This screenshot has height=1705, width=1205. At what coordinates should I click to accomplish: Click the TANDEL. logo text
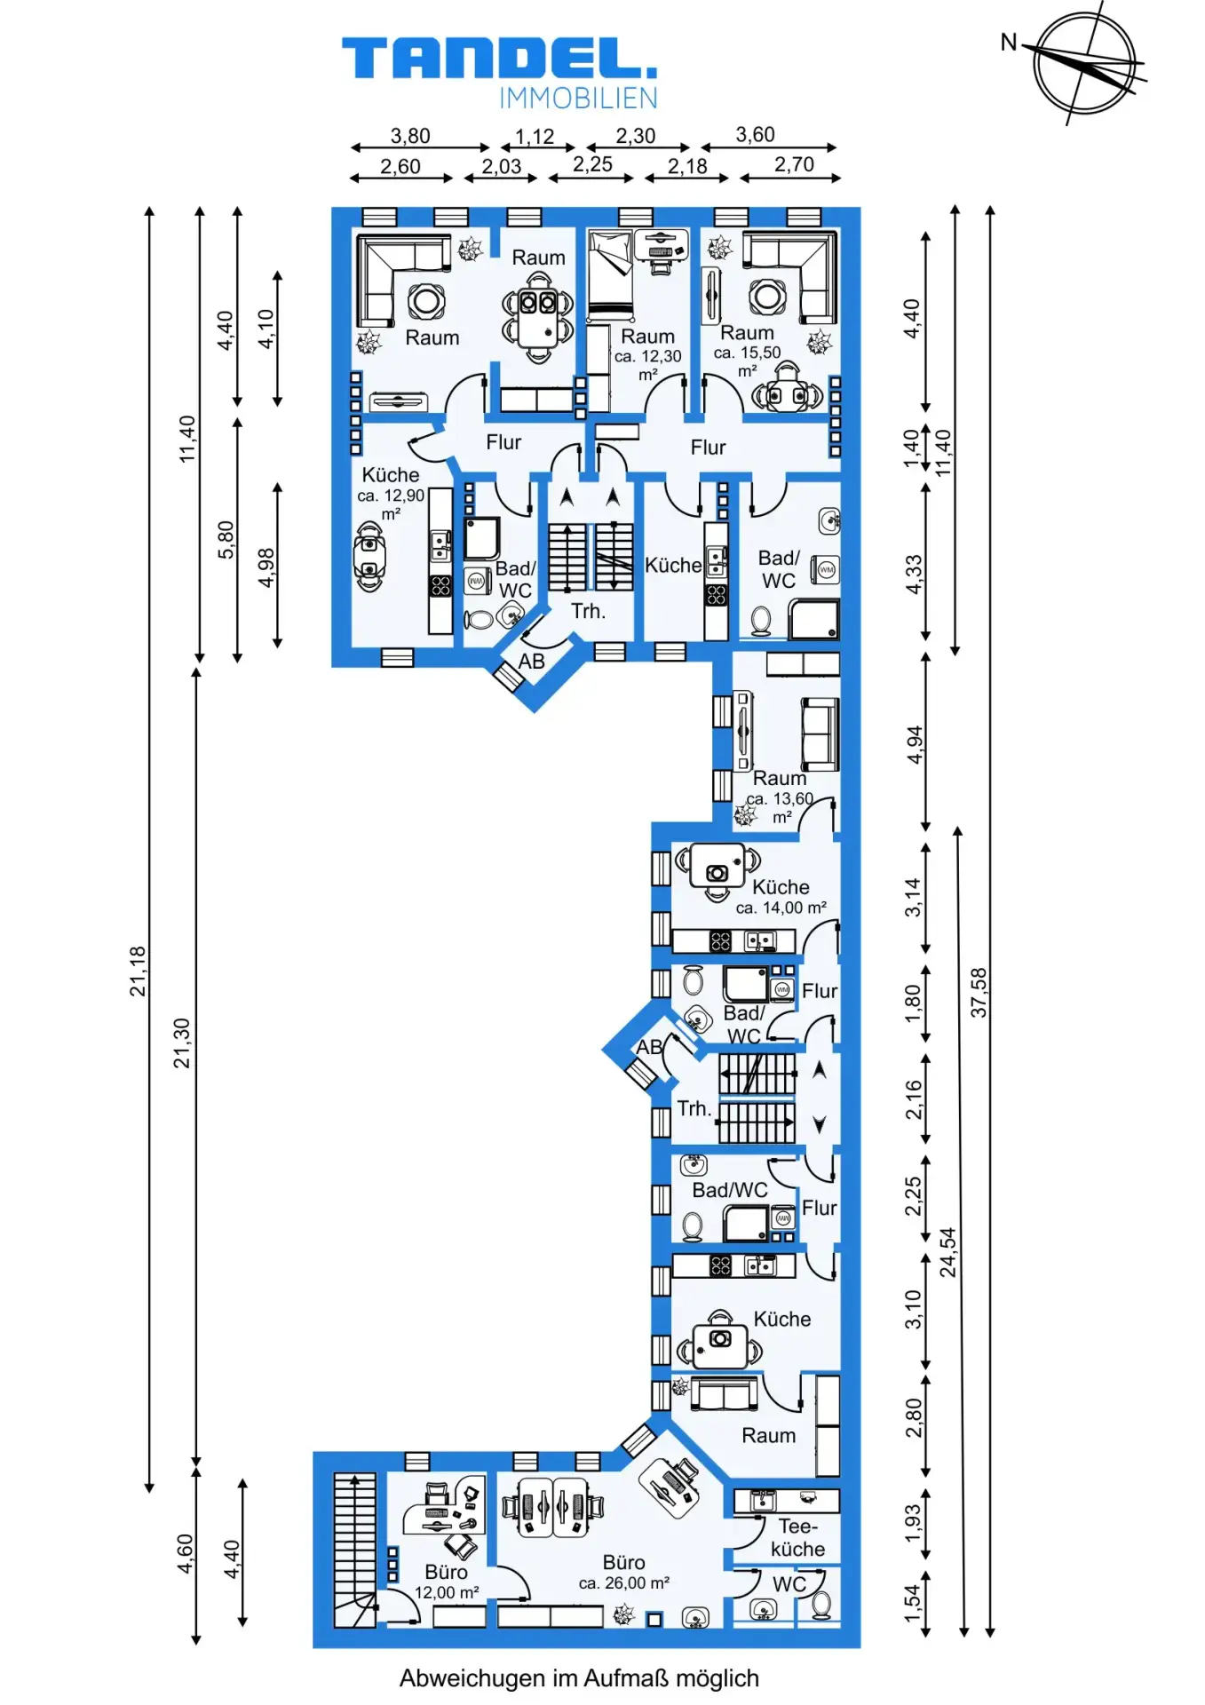(x=499, y=59)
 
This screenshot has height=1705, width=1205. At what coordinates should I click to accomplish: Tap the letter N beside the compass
(x=1009, y=42)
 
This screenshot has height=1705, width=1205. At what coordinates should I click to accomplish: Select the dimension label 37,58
(x=978, y=992)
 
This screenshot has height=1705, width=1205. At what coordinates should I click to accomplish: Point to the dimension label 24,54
(x=948, y=1252)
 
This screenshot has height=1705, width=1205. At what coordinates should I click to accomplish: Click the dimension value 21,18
(x=138, y=971)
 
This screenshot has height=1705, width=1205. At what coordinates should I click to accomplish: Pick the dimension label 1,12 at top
(x=535, y=136)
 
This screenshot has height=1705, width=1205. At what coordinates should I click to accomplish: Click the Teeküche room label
(x=798, y=1538)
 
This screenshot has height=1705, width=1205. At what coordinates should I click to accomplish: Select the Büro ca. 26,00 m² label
(x=624, y=1572)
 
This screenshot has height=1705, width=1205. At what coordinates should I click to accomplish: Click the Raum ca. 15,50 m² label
(x=748, y=351)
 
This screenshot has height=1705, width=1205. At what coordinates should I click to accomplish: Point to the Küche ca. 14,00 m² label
(x=781, y=897)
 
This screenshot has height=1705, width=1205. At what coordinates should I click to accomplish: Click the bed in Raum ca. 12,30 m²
(x=610, y=274)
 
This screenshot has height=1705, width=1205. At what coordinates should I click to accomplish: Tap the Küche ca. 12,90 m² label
(x=391, y=494)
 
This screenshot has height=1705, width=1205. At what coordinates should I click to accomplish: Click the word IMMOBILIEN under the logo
(x=578, y=98)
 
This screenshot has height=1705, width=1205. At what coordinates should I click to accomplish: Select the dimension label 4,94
(x=915, y=744)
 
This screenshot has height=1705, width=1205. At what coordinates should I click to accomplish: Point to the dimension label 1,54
(x=913, y=1603)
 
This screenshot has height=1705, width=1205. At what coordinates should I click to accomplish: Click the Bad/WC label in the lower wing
(x=730, y=1190)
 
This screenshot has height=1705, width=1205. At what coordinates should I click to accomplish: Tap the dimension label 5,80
(x=226, y=539)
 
